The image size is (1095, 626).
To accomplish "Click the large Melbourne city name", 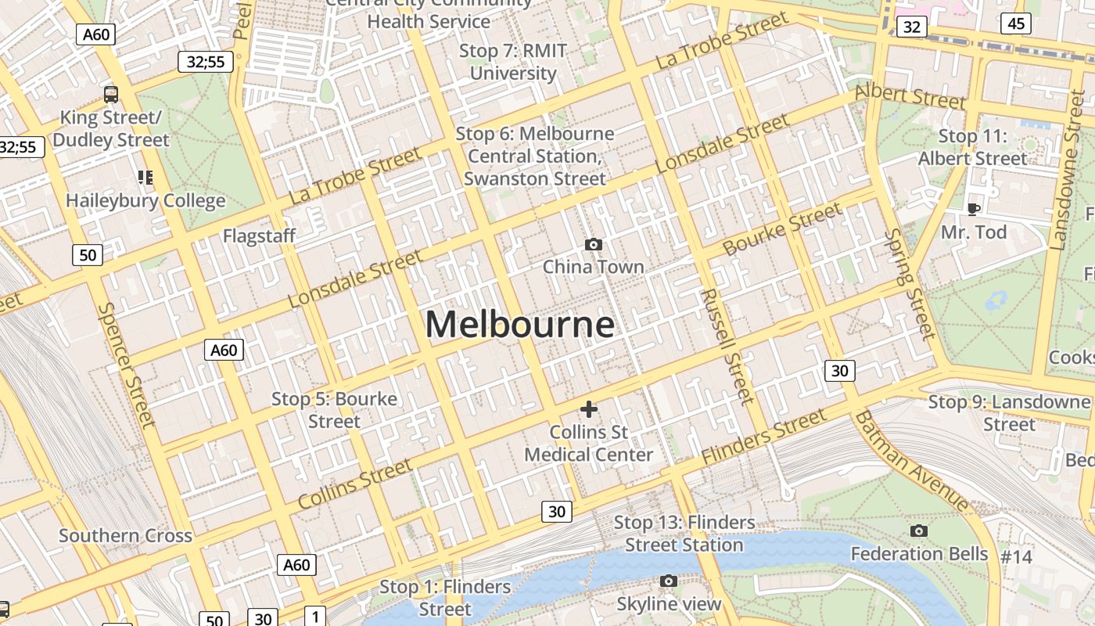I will pos(520,325).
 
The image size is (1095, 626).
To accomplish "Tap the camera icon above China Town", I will pos(593,245).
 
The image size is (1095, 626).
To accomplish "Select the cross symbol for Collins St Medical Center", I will pos(589,408).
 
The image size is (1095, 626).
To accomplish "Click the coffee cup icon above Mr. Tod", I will pos(973,209).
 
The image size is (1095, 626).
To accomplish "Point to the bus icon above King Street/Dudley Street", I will pos(111,95).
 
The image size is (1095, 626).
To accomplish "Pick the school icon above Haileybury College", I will pos(145,178).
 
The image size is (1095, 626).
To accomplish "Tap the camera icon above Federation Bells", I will pos(919,531).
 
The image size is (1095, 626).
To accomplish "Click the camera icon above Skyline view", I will pos(668,581).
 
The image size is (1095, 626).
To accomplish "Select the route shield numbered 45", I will pos(1016,23).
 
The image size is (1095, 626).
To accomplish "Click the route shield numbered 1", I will pos(315,617).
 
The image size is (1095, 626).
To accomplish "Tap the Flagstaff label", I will pos(259,236).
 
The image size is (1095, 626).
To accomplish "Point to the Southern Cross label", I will pos(125,536).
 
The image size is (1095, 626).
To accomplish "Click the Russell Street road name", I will pos(727,346).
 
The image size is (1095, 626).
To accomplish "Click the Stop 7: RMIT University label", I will pos(513,62).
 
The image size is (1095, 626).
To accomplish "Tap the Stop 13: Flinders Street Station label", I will pos(684,534).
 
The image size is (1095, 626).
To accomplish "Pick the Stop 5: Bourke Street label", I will pos(334,410).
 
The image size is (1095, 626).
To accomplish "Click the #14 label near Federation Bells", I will pos(1017,557).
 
